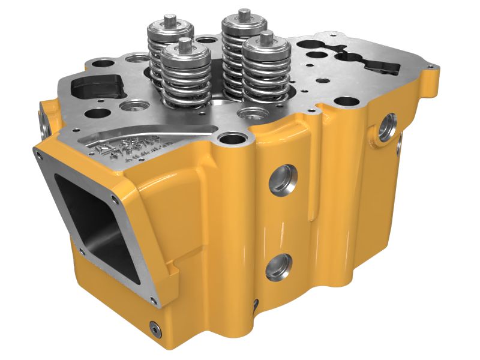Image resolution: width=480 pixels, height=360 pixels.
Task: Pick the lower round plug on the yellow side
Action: coord(279,267)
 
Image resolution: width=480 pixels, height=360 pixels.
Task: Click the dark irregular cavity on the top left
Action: coord(96,88)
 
